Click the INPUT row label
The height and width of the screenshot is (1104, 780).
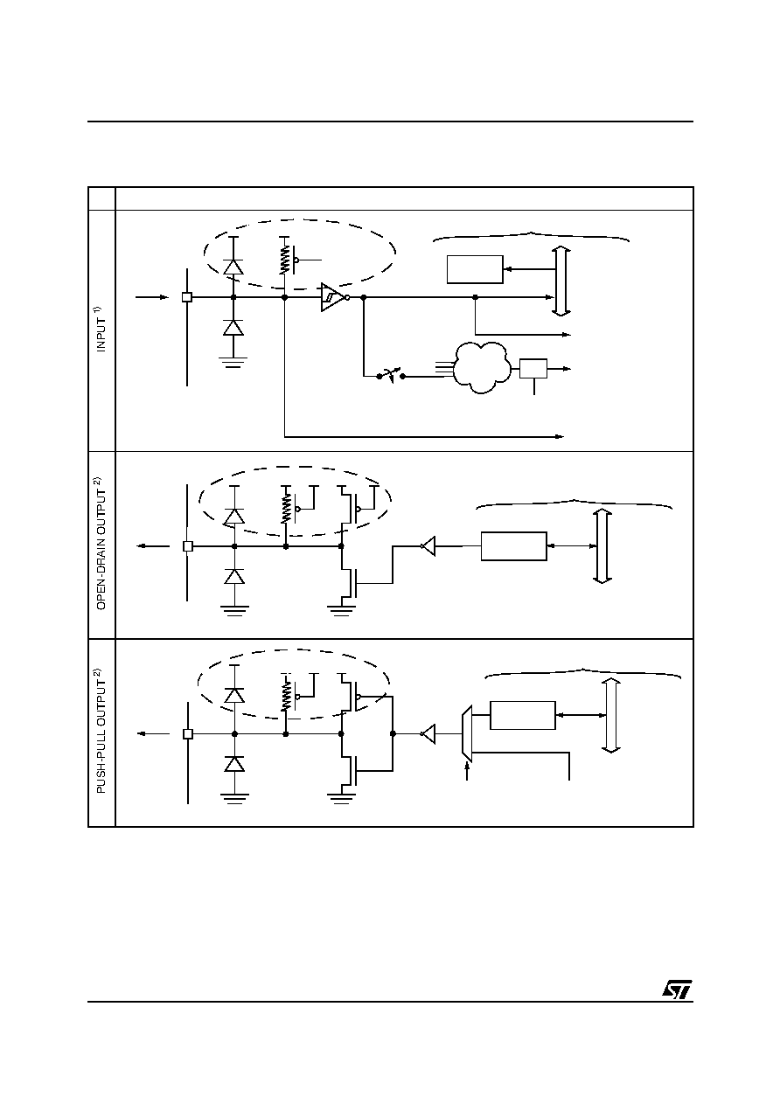click(101, 329)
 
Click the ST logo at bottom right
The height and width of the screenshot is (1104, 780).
click(677, 989)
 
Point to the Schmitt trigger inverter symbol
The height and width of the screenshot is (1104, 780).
click(335, 297)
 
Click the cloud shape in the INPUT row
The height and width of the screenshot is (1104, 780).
click(481, 368)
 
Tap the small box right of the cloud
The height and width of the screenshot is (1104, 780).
click(533, 368)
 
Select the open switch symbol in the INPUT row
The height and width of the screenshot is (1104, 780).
click(391, 376)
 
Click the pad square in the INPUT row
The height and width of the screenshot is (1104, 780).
click(187, 297)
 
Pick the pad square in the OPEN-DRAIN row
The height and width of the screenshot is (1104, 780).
click(187, 546)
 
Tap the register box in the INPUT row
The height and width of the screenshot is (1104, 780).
click(475, 269)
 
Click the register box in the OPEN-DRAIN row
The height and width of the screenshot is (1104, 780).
click(514, 546)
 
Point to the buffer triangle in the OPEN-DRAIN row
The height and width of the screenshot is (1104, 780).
click(428, 546)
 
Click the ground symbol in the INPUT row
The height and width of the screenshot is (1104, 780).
click(233, 363)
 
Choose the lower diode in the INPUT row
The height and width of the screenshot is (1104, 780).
click(233, 328)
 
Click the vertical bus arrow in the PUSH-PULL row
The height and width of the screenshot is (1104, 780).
click(611, 715)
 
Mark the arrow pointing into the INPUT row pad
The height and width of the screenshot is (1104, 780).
click(152, 297)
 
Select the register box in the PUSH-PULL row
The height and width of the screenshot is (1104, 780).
click(523, 715)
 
